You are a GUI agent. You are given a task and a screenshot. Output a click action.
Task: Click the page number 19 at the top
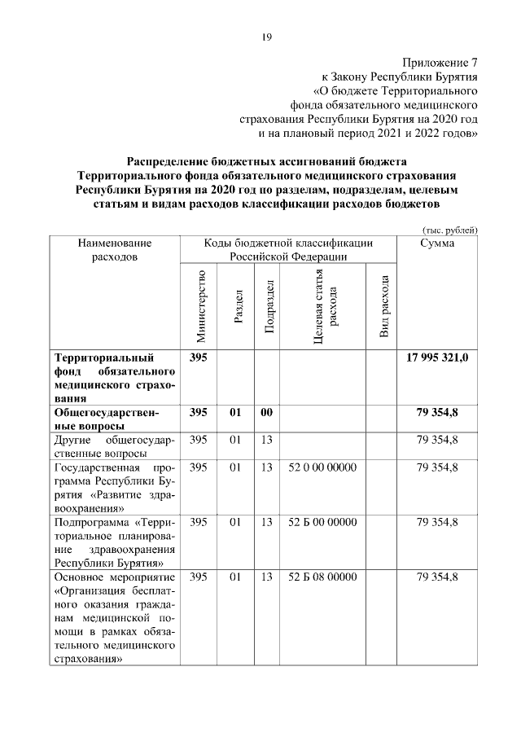coord(266,36)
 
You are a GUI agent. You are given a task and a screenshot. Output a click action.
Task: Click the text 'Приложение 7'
coord(440,63)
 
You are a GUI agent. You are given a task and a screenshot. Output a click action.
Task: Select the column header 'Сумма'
coord(437,243)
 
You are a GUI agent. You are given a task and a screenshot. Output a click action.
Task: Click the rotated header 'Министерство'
coord(201,305)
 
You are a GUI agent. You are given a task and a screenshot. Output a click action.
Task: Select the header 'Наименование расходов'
coord(115,249)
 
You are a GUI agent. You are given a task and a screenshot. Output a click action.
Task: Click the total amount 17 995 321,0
coord(437,358)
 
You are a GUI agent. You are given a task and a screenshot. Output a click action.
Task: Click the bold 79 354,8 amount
coord(437,413)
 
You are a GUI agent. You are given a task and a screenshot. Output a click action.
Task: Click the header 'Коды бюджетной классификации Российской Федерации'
coord(289,249)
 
